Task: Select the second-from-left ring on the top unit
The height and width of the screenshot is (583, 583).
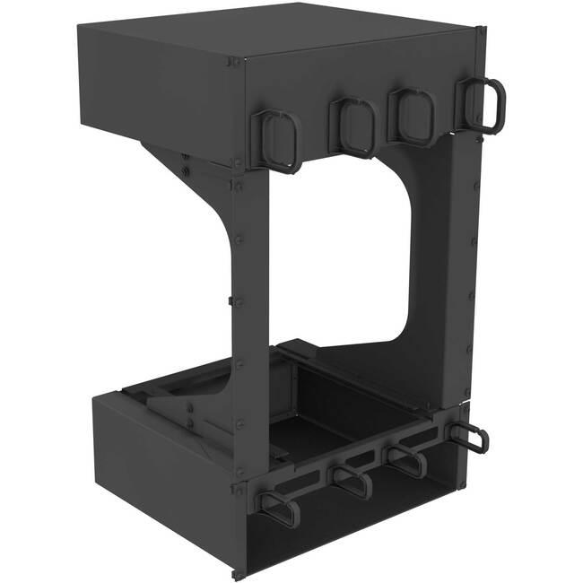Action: (x=353, y=127)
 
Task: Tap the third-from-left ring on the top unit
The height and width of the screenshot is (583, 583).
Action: (x=413, y=117)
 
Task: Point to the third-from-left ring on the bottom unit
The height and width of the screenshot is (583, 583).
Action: (x=408, y=460)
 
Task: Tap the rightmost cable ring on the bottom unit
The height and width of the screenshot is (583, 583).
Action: (x=469, y=438)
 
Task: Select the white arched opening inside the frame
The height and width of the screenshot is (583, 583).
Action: (x=332, y=260)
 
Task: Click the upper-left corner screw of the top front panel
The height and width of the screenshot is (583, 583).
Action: (x=235, y=62)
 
